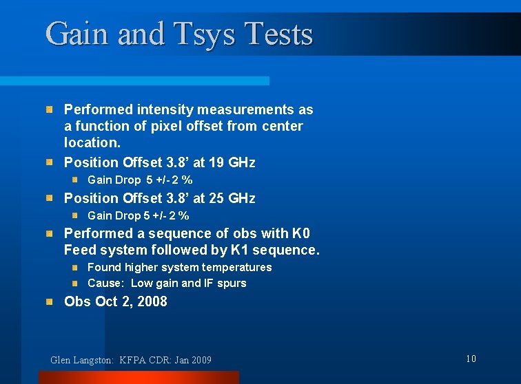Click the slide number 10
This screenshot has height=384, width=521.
[471, 359]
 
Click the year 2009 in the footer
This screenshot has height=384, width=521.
[200, 360]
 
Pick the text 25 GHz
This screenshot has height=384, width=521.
[229, 198]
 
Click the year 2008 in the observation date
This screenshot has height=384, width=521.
[152, 301]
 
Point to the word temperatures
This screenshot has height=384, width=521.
[236, 267]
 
